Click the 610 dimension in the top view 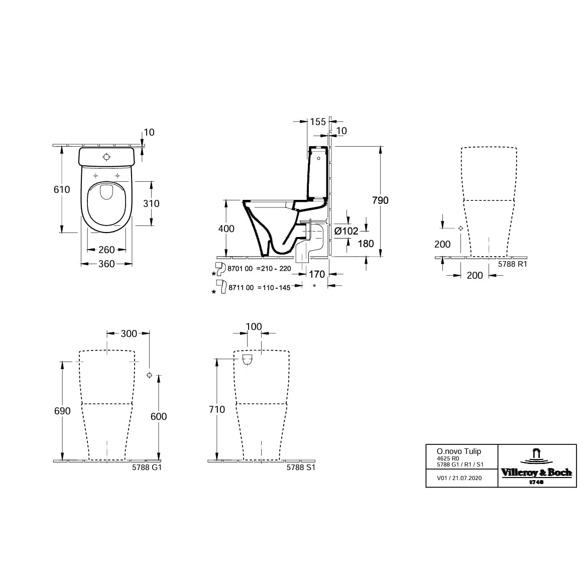coord(62,189)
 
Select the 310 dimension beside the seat coord(151,203)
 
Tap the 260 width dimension coord(106,250)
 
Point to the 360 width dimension coord(106,264)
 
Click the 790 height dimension coord(380,200)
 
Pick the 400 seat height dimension coord(226,228)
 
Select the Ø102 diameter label coord(346,231)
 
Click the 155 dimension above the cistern coord(317,122)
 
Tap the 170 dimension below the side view coord(317,274)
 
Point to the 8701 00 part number coord(241,269)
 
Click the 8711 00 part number coord(241,288)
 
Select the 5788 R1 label coord(512,264)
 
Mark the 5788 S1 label coord(300,467)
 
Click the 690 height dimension coord(62,411)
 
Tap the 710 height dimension coord(216,409)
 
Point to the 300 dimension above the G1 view coord(129,333)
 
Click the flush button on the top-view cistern coord(106,157)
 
